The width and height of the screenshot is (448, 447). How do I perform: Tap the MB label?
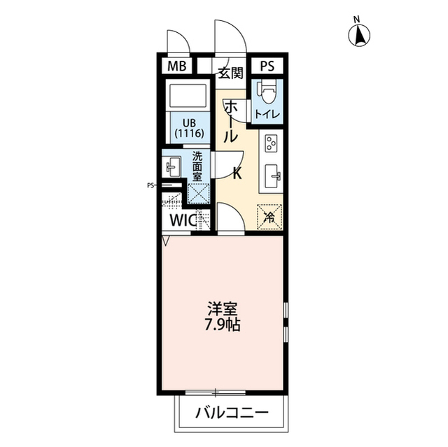[176, 67]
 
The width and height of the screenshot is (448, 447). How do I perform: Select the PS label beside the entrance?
[267, 67]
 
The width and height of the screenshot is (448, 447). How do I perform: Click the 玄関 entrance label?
[229, 72]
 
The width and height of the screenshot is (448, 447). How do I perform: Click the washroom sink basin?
[172, 167]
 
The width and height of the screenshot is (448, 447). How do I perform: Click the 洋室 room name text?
[223, 308]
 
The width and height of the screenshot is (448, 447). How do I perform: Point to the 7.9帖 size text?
[224, 325]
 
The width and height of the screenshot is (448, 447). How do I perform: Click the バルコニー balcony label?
[232, 413]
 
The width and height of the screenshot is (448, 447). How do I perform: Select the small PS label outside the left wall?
[150, 186]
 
